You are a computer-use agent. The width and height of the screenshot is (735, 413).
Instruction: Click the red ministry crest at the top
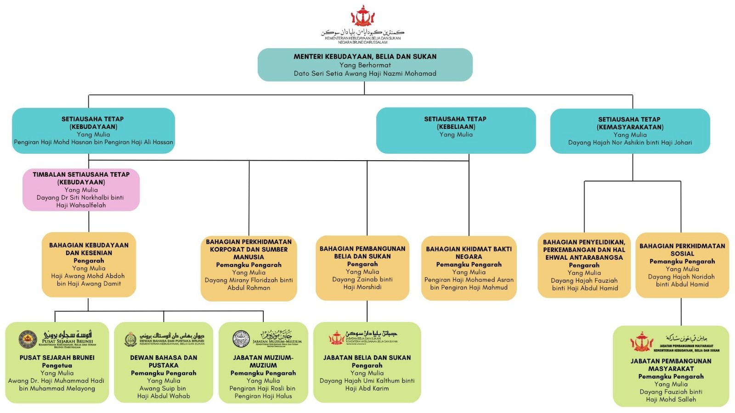pos(363,17)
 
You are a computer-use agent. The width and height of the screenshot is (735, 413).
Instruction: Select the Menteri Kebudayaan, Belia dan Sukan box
pos(365,65)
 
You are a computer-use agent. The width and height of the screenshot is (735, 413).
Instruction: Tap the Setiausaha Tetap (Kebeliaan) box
pos(456,130)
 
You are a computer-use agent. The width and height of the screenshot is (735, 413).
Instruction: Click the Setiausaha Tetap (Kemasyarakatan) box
pos(630,131)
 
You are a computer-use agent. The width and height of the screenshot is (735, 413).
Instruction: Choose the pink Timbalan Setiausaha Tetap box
pos(81,190)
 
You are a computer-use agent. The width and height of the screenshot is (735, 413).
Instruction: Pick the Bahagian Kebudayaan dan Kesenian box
pos(89,264)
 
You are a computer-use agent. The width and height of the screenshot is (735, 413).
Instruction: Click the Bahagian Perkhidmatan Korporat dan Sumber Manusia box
pos(249,268)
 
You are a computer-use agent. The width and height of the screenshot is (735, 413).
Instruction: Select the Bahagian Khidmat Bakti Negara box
pos(469,268)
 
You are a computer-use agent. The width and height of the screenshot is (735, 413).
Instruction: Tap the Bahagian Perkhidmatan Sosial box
pos(682,265)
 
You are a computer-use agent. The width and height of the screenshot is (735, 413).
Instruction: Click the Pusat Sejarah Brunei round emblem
pos(28,339)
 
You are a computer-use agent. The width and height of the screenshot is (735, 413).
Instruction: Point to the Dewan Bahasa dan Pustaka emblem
pos(130,339)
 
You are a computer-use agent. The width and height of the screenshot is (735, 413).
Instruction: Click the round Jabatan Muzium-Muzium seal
pos(241,339)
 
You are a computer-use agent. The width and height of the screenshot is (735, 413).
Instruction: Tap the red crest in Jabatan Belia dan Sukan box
pos(336,338)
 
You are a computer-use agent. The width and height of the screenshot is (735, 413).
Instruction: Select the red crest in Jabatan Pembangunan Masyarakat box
pos(641,342)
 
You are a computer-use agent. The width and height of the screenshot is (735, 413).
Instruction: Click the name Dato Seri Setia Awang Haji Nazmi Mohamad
pos(365,73)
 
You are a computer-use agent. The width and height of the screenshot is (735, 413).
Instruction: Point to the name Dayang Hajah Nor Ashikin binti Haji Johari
pos(630,143)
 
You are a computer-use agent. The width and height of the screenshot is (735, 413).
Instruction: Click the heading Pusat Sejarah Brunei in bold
pos(57,357)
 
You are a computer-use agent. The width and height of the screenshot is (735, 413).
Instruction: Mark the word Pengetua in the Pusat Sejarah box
pos(57,365)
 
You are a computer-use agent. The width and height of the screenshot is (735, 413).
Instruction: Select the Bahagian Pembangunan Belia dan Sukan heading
pos(362,252)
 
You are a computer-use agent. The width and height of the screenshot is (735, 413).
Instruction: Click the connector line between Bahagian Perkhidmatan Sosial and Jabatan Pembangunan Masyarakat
pos(681,312)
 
